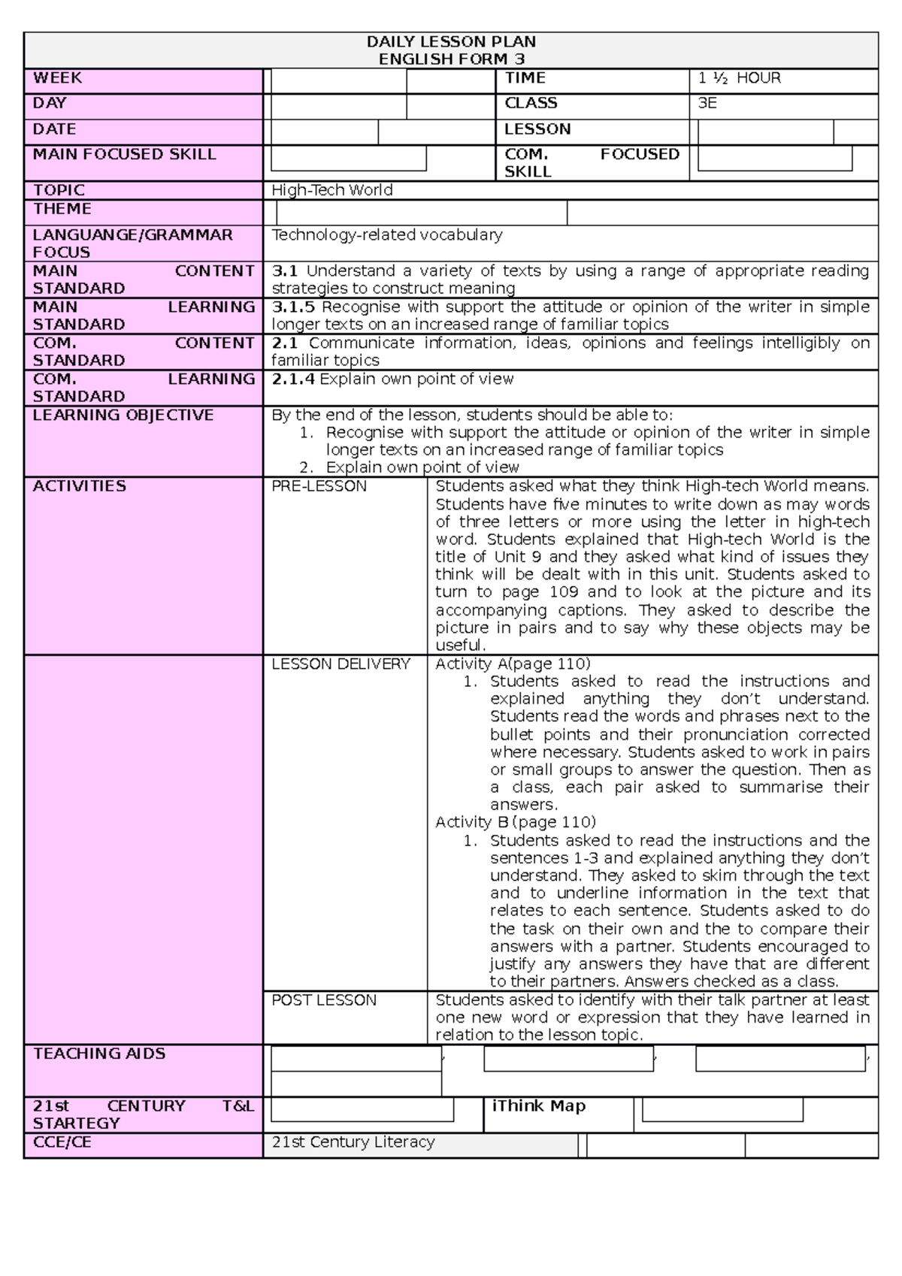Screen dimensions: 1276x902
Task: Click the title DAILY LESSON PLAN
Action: tap(451, 41)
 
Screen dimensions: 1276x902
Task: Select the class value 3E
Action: tap(707, 104)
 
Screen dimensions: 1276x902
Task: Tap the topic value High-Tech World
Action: tap(331, 190)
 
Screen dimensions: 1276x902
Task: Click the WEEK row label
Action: tap(57, 78)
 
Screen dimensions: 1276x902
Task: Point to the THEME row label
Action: tap(62, 209)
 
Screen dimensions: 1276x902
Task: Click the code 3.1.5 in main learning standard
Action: tap(292, 307)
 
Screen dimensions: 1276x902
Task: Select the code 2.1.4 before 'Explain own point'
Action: tap(292, 379)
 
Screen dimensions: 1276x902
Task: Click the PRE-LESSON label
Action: tap(319, 486)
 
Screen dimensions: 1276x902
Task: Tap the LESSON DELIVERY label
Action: tap(341, 664)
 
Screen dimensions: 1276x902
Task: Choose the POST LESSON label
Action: tap(323, 999)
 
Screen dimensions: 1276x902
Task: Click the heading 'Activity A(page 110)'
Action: tap(513, 664)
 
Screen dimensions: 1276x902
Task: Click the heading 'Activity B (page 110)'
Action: tap(515, 821)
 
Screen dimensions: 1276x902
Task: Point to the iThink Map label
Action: tap(538, 1105)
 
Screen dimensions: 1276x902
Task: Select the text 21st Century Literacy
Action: tap(353, 1141)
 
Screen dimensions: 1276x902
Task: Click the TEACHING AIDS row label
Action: tap(98, 1054)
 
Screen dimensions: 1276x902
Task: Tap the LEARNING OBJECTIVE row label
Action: tap(123, 415)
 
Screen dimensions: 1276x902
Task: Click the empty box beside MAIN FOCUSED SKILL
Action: tap(348, 159)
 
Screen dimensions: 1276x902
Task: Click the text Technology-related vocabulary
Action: tap(386, 234)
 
